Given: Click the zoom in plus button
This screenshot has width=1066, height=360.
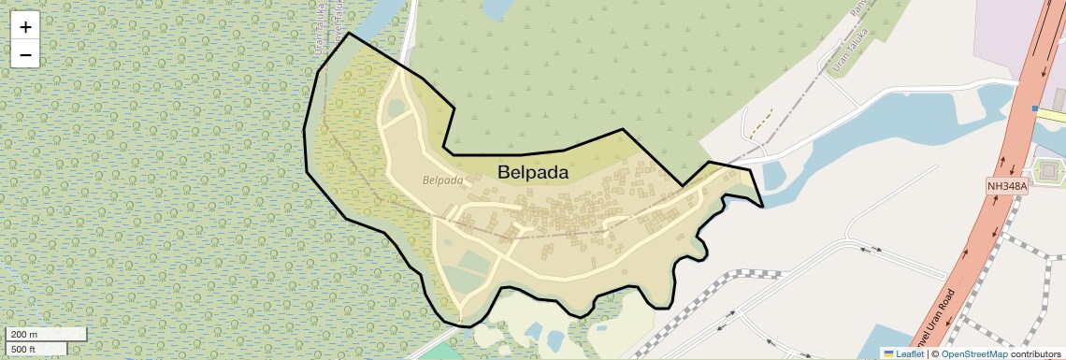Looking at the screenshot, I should coord(25,27).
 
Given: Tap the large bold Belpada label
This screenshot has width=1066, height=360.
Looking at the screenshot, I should coord(533,172).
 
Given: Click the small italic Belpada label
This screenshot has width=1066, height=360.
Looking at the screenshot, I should coord(442,180).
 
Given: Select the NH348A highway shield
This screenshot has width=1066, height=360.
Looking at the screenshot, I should coord(1007,186).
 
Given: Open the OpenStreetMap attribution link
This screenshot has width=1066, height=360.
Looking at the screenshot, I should coord(973,353).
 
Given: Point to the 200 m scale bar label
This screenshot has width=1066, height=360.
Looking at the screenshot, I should coord(25,335).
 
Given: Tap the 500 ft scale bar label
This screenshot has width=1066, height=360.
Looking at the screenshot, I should coord(24,349).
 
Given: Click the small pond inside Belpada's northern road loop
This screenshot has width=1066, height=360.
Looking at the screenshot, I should coord(396,108).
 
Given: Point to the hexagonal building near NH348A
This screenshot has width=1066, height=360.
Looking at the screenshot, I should coord(1047,171).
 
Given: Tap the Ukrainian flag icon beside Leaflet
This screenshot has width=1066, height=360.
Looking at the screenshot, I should coord(889,353).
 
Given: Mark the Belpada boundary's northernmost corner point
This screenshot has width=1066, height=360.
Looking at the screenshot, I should coord(349,33).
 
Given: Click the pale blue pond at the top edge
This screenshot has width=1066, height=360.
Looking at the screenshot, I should coord(497,8).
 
